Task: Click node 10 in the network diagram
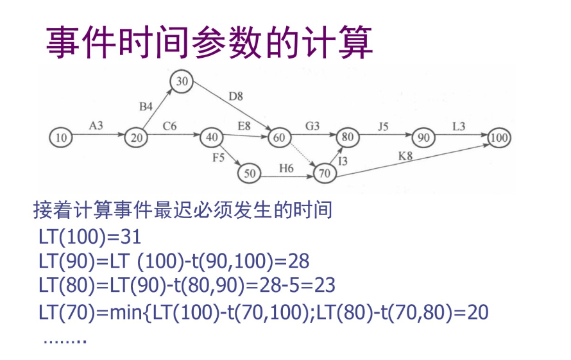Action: click(61, 137)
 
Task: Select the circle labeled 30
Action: click(182, 81)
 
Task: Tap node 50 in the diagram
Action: click(249, 173)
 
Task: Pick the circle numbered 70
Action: click(325, 173)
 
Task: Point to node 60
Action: click(279, 137)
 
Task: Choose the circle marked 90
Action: click(423, 137)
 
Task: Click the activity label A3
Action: click(95, 126)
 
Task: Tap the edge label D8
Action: click(235, 97)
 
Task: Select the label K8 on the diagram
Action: click(405, 155)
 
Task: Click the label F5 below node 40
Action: click(219, 157)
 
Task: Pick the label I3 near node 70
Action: click(343, 161)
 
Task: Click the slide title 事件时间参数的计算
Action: click(209, 42)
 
